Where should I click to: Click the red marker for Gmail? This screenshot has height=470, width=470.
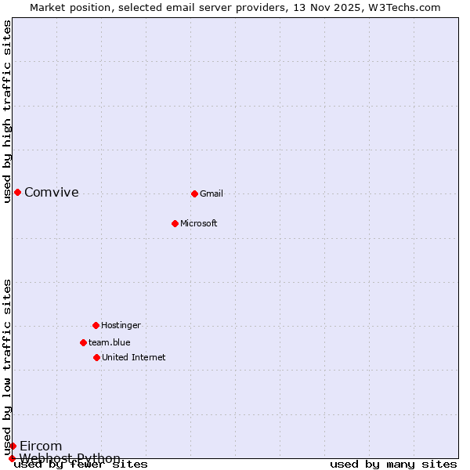[x=194, y=193]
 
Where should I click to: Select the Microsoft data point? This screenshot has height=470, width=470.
[x=175, y=223]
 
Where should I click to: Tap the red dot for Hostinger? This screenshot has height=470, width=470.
[x=96, y=325]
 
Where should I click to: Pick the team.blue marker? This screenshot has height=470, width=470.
[x=83, y=342]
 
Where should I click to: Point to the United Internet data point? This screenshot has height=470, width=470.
[x=96, y=357]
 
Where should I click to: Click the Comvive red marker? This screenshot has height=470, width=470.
[x=17, y=192]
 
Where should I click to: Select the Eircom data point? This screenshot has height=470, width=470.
[x=13, y=446]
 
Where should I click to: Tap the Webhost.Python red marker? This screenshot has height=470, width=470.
[x=12, y=458]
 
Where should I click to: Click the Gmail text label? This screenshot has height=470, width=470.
[x=211, y=193]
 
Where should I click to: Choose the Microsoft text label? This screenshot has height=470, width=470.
[x=199, y=223]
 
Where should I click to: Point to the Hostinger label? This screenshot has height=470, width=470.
[x=121, y=325]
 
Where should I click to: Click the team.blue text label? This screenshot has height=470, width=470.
[x=110, y=342]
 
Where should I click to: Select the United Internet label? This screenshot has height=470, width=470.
[x=134, y=357]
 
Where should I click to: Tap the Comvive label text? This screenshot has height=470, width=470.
[x=52, y=192]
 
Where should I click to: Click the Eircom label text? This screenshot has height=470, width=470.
[x=41, y=446]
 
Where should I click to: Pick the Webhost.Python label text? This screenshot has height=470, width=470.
[x=70, y=458]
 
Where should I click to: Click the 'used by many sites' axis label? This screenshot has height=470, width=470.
[x=393, y=465]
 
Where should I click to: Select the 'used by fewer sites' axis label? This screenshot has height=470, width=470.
[x=81, y=465]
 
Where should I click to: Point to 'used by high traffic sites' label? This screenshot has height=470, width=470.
[x=7, y=111]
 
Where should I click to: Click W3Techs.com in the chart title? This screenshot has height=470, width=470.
[x=400, y=7]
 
